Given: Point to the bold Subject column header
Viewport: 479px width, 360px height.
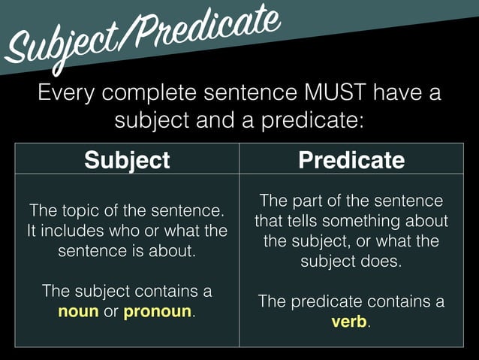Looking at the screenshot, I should [127, 160].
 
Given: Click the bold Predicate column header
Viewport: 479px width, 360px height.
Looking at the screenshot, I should [351, 160].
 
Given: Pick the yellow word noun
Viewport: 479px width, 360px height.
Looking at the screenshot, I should [79, 311].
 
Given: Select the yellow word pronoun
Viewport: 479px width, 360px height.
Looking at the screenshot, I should [157, 311].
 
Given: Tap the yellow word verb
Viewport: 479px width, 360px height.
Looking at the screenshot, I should [349, 322].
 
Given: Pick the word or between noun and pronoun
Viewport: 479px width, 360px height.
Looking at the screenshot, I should [111, 311].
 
